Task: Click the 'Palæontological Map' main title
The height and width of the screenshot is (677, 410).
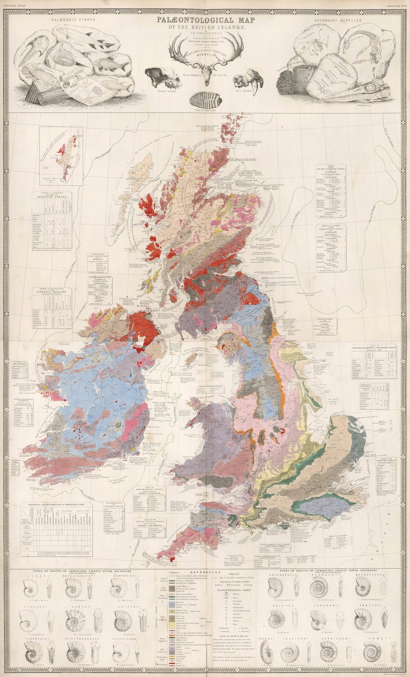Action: tap(205, 21)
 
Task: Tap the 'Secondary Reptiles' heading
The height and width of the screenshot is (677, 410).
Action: tap(338, 20)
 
